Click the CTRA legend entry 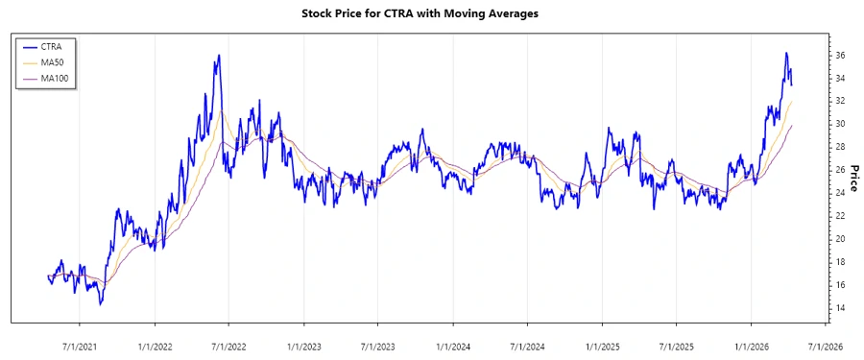(x=52, y=46)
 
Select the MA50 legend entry (x=53, y=62)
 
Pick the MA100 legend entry (x=56, y=79)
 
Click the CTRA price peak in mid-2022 (x=220, y=55)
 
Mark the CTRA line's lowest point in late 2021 (x=101, y=304)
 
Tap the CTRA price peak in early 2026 (x=786, y=53)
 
